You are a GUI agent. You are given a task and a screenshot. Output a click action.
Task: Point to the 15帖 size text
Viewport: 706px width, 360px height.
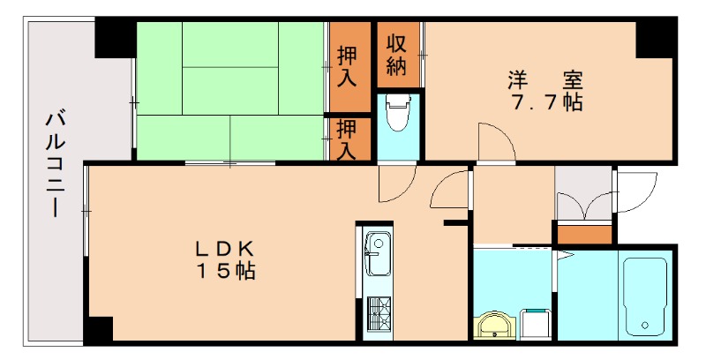point(225,271)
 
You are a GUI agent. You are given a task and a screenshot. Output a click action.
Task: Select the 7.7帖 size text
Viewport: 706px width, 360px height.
point(545,102)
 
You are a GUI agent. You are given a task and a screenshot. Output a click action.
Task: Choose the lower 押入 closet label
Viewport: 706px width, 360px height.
point(347,139)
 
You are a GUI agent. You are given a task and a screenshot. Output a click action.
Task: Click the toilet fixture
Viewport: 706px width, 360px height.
point(399,113)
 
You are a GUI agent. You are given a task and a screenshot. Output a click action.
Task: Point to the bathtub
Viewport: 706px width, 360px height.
point(644,296)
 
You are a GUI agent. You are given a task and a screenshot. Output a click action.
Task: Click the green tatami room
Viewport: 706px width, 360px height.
point(229,88)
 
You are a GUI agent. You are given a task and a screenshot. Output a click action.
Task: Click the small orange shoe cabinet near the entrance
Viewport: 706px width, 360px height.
point(583,236)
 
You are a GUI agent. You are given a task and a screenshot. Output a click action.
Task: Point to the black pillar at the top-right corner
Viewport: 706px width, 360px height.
point(656,38)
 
